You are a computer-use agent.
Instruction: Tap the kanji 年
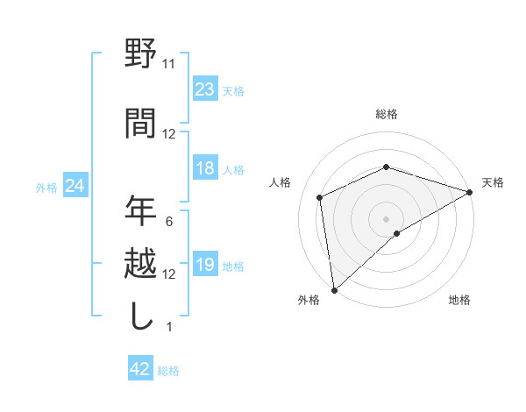[140, 210]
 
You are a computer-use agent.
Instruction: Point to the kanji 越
[140, 263]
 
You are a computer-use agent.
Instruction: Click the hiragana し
[140, 316]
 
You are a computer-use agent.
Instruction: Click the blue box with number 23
[204, 89]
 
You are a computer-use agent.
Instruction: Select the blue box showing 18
[204, 169]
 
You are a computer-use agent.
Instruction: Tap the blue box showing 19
[204, 266]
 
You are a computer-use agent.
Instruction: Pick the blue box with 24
[75, 186]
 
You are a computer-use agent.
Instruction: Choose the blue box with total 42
[140, 370]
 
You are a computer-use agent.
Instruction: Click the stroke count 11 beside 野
[168, 63]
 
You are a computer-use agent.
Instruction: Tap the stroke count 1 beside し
[168, 327]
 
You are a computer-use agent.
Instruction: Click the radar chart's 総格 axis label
[386, 114]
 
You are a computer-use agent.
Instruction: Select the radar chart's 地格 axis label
[459, 301]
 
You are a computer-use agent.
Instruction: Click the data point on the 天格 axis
[469, 193]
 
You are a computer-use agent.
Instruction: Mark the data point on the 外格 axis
[333, 289]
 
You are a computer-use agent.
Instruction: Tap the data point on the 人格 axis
[320, 197]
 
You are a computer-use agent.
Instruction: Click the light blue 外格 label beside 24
[46, 187]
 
